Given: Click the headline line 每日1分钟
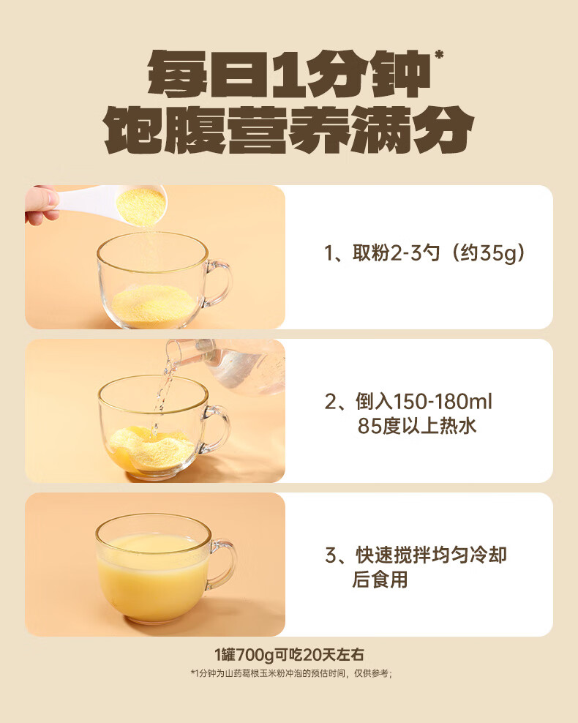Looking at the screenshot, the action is [288, 73].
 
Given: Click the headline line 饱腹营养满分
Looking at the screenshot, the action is [289, 130].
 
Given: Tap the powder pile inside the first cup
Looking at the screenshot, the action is [154, 305].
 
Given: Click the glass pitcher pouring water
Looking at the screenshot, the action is [230, 364].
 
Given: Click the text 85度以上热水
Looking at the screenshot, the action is [417, 426].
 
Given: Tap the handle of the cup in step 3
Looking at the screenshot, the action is [223, 564].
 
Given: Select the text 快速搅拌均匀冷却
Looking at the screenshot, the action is [431, 555].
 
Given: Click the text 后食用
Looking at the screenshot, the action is [380, 580].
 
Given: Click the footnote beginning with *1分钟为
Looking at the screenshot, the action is [291, 674].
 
